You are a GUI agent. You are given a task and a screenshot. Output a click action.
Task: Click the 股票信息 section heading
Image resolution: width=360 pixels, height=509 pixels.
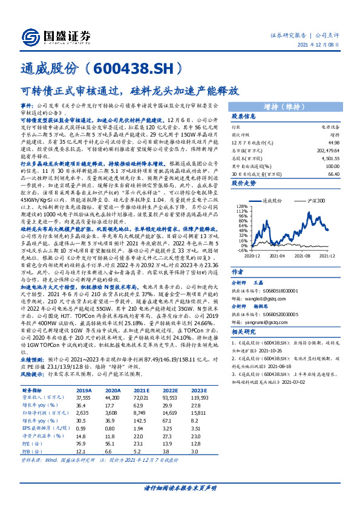(244, 116)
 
